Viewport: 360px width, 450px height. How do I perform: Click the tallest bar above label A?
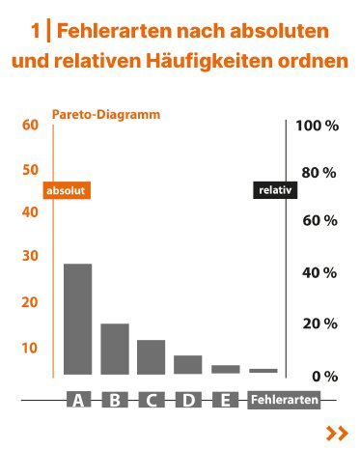point(77,319)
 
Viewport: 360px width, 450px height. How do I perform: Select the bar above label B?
point(115,349)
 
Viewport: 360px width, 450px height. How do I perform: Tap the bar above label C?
point(152,356)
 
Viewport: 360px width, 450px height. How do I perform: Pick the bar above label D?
point(188,364)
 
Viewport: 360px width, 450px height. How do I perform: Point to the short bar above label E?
point(225,369)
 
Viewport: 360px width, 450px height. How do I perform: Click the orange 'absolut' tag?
point(67,191)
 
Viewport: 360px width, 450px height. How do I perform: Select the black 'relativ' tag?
point(273,191)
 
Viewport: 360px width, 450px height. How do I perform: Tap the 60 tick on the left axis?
point(29,125)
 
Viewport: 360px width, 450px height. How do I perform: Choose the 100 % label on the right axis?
point(318,127)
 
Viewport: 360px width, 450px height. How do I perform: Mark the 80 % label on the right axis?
point(318,173)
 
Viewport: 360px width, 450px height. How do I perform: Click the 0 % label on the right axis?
point(322,376)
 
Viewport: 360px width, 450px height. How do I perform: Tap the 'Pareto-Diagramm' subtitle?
point(105,114)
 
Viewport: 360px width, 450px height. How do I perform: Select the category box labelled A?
point(77,400)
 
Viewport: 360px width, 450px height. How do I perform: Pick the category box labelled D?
point(188,400)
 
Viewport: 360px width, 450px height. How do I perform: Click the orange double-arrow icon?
point(337,434)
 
